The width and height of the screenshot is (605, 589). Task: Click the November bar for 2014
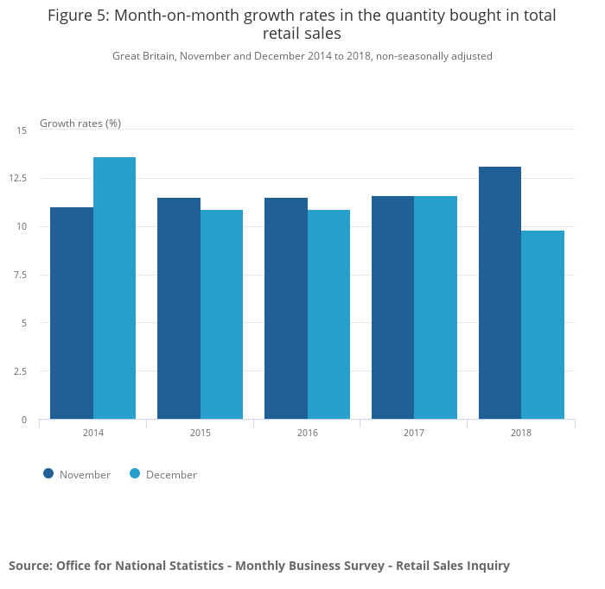point(72,313)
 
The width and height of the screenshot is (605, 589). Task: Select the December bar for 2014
point(114,288)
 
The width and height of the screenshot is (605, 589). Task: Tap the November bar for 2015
point(179,308)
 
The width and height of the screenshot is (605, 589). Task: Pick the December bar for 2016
point(328,314)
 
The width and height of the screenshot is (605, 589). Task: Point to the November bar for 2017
point(392,307)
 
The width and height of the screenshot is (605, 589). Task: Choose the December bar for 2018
point(543,325)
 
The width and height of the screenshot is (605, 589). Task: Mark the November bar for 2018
point(500,293)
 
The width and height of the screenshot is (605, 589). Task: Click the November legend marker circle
point(48,473)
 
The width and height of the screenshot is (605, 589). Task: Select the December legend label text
point(171,474)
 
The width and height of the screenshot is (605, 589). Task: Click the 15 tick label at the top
point(22,130)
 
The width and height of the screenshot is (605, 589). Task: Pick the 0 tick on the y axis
point(24,420)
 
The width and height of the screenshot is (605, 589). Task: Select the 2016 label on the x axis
point(307,432)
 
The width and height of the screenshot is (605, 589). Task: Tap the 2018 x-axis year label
point(521,432)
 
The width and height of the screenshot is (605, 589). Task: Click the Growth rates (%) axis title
point(80,123)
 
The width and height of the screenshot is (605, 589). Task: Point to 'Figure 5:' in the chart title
point(80,16)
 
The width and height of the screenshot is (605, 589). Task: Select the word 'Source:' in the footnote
point(30,566)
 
